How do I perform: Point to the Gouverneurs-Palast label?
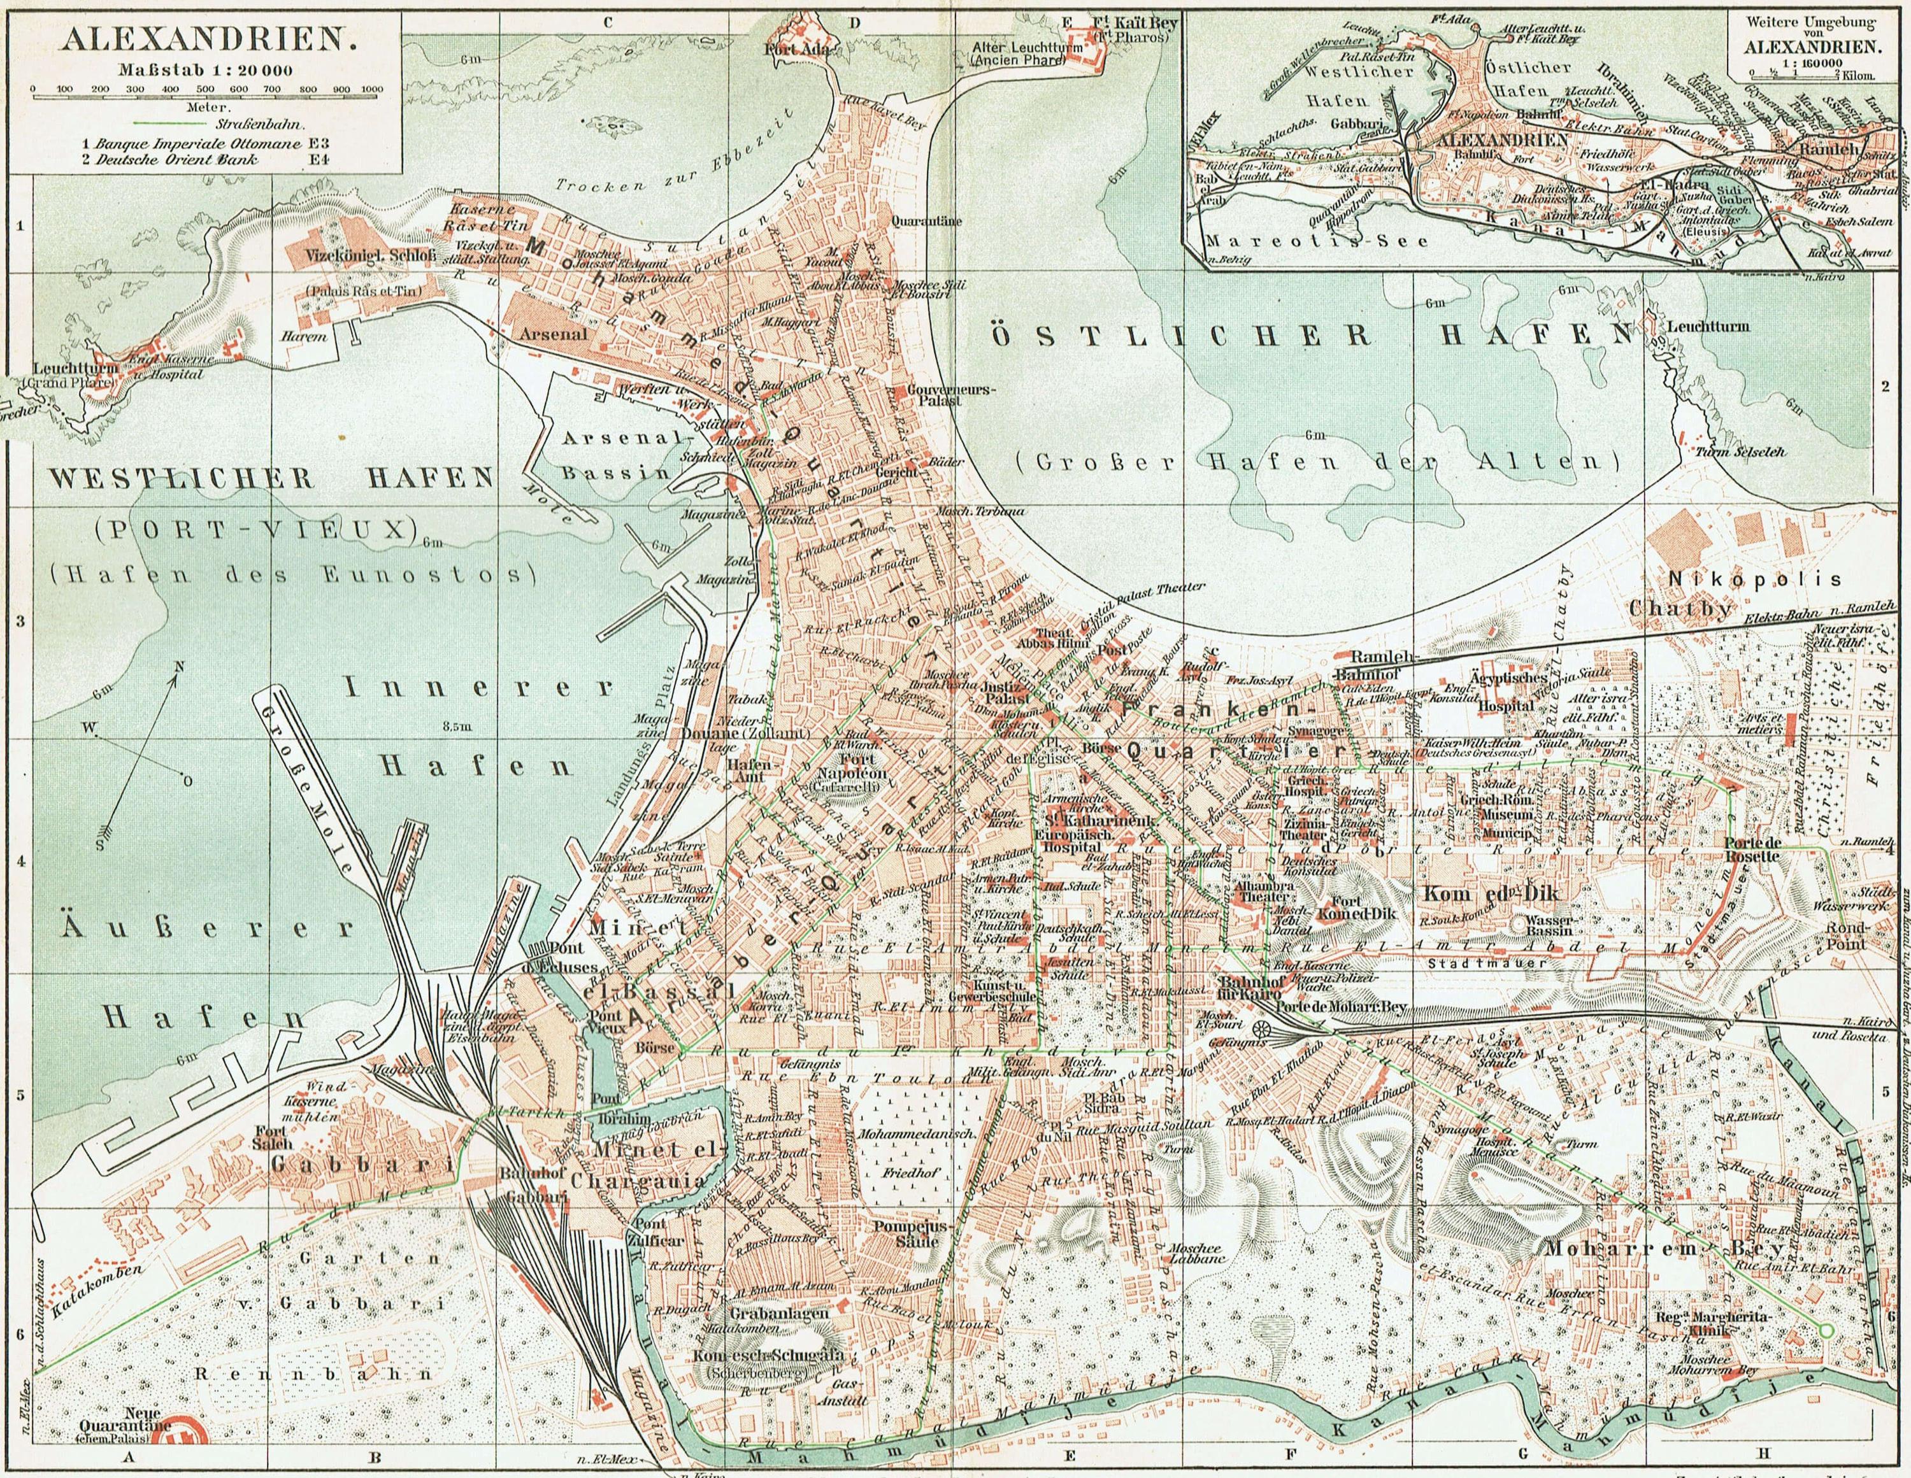(x=934, y=393)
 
